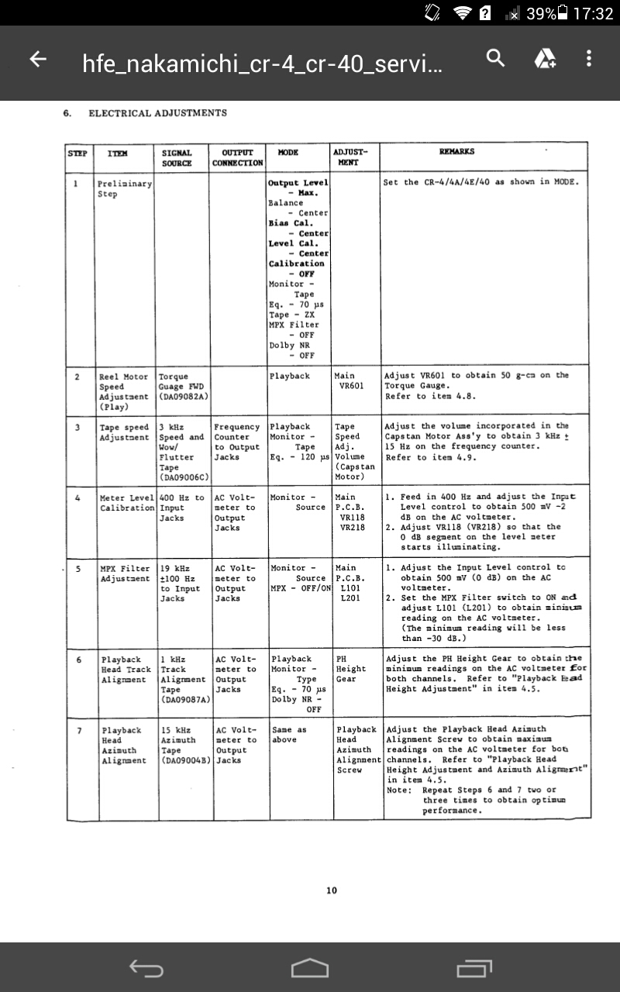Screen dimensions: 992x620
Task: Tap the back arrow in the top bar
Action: point(37,60)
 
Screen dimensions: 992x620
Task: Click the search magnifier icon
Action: point(495,57)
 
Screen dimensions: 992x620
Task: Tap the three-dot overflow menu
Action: point(589,58)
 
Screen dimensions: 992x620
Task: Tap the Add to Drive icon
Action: point(545,58)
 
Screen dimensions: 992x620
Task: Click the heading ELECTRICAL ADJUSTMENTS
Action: point(157,113)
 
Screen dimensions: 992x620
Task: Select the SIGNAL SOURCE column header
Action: point(177,157)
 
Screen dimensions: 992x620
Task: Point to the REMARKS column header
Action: point(456,153)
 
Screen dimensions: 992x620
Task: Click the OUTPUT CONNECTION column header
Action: point(237,157)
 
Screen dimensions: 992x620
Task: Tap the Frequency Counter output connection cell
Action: point(237,442)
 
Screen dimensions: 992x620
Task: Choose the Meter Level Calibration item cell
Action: point(127,502)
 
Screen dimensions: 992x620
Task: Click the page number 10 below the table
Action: point(332,890)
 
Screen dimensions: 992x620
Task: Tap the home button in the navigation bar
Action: point(310,968)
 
